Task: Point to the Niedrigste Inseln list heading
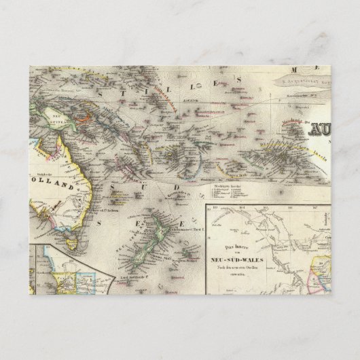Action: coord(219,171)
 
